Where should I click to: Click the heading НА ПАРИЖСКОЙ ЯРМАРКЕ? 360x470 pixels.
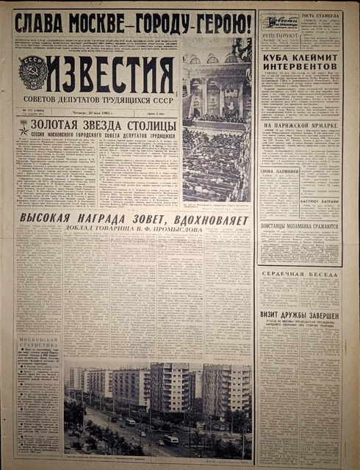(298, 126)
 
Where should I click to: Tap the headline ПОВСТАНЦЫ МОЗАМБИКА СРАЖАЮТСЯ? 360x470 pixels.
(298, 227)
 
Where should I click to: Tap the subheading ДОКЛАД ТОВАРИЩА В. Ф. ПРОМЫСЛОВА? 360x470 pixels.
(136, 228)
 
